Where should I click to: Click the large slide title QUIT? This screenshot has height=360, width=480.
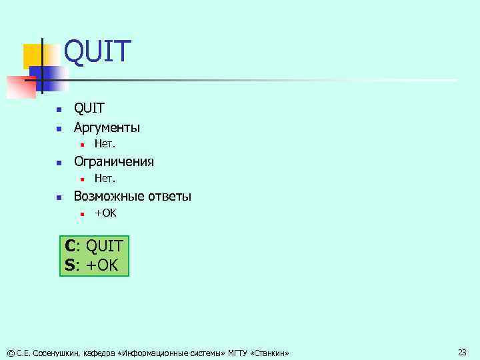pos(98,53)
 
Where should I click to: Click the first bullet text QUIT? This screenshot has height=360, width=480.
pos(89,109)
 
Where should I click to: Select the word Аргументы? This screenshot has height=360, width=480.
pos(107,127)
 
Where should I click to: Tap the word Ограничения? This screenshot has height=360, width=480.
pos(113,161)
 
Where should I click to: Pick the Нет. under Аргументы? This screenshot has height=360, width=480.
pos(105,143)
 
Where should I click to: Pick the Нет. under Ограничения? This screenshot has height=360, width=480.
pos(105,178)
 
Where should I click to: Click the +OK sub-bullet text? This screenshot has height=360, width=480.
pos(105,213)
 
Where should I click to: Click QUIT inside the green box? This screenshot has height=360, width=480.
pos(104,247)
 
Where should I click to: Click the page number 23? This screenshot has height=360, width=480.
pos(462,351)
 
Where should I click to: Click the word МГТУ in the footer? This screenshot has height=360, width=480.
pos(237,352)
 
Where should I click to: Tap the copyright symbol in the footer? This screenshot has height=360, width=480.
pos(9,352)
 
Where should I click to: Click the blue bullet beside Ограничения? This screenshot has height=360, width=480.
pos(59,162)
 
